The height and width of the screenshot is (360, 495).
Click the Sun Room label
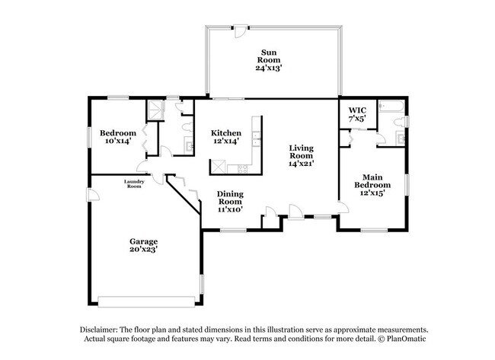269,56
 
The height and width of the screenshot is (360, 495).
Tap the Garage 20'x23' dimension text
143,249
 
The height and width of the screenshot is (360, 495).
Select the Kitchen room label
226,133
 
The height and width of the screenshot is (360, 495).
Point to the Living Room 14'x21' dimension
301,163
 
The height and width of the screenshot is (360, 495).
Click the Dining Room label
230,198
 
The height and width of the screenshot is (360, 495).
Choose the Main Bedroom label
372,181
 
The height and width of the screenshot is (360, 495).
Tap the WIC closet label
357,110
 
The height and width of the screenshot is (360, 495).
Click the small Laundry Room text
134,184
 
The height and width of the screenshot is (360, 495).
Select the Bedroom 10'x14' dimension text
118,141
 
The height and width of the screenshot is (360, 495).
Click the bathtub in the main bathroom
391,106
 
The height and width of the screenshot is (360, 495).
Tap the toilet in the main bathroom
401,122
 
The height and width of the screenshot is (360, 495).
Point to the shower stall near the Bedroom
155,110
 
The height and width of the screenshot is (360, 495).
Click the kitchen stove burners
242,169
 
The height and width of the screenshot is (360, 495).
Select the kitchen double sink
257,139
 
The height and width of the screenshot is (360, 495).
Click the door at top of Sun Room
240,31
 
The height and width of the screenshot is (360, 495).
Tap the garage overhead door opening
146,301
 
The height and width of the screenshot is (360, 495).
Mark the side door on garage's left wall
94,194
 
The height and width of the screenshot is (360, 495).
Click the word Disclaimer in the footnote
98,330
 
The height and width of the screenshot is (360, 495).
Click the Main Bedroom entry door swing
343,208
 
